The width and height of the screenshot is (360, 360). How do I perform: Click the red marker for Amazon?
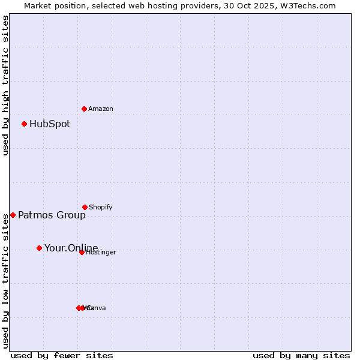point(84,109)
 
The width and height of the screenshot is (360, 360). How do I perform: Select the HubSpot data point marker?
point(24,124)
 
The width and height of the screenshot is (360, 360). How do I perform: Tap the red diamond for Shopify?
point(85,207)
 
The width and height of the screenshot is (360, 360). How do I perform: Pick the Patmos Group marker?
point(13,215)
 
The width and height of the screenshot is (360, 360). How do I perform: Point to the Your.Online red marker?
point(39,248)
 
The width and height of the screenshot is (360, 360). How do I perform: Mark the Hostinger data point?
point(82,252)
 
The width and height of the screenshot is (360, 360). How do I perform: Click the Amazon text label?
point(101,109)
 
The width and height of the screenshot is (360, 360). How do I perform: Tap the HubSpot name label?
point(50,124)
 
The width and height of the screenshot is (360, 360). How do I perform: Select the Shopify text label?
point(101,207)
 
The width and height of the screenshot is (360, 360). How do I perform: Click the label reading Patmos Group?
point(52,215)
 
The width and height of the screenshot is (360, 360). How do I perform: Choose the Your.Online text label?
point(71,248)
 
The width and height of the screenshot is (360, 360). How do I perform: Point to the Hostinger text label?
point(101,253)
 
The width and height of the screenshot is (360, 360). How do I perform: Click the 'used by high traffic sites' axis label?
point(5,85)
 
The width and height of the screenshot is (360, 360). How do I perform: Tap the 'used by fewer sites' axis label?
point(62,355)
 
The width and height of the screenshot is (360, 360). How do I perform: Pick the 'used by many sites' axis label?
point(301,355)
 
